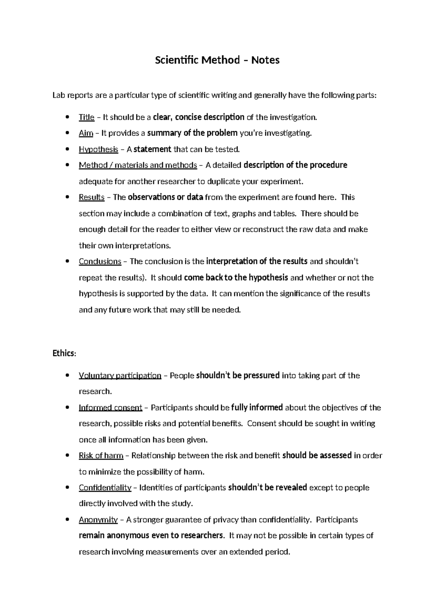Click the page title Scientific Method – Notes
[217, 60]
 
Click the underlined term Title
[86, 117]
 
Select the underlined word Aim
[86, 133]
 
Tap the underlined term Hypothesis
[98, 149]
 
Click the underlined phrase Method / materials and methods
[138, 165]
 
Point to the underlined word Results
[91, 197]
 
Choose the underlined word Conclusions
[100, 261]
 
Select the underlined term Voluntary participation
[120, 376]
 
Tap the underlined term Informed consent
[110, 408]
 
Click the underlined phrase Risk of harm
[101, 455]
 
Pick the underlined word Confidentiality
[105, 488]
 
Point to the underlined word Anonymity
[98, 520]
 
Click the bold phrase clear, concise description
[199, 117]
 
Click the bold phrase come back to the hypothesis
[236, 278]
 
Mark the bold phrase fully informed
[257, 408]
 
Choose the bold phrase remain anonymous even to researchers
[151, 536]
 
